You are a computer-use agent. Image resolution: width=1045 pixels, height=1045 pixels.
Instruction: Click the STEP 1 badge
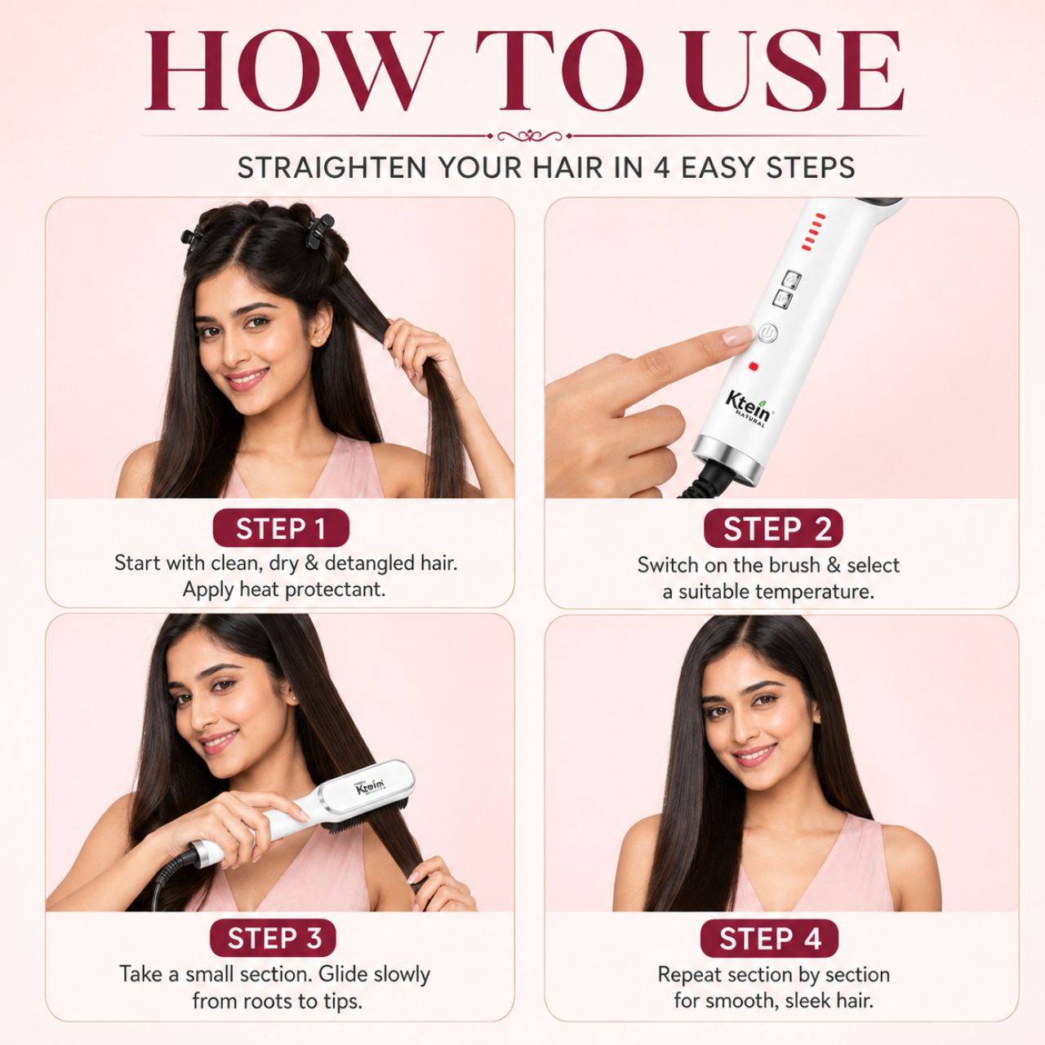pyautogui.click(x=281, y=527)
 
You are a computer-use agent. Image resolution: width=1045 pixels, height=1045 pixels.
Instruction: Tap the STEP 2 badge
pyautogui.click(x=773, y=529)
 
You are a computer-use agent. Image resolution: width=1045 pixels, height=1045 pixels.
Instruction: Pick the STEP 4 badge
pyautogui.click(x=769, y=939)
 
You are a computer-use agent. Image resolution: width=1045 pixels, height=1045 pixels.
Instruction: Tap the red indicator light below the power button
pyautogui.click(x=754, y=367)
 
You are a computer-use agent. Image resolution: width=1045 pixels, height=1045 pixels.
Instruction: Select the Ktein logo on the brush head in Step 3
pyautogui.click(x=371, y=786)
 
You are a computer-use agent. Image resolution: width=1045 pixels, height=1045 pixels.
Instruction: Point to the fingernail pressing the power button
pyautogui.click(x=737, y=336)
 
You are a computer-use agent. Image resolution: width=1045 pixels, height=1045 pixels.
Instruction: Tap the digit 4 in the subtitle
pyautogui.click(x=661, y=167)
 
